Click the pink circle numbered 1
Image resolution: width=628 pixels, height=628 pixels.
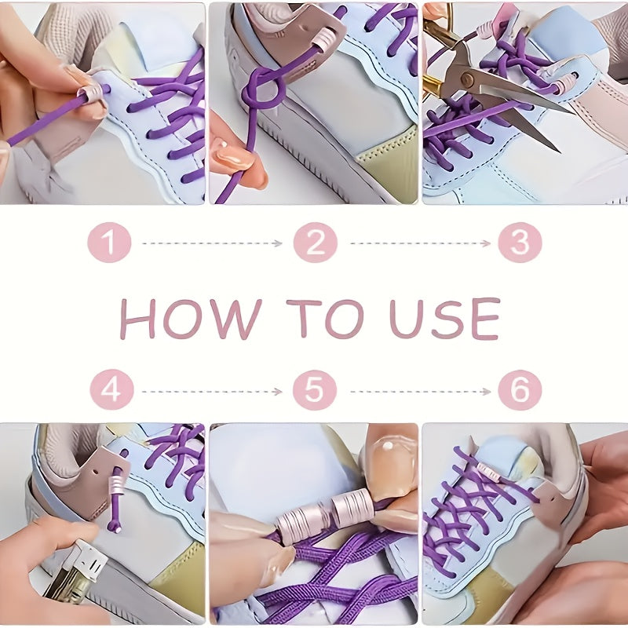[x=109, y=243]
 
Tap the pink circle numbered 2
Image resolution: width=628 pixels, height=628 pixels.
[x=315, y=243]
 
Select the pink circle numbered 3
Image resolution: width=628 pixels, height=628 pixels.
[x=520, y=243]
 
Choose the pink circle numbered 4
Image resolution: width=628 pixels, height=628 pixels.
[x=111, y=389]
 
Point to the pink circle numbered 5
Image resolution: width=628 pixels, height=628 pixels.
[x=315, y=389]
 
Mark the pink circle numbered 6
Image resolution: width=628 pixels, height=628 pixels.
[x=520, y=389]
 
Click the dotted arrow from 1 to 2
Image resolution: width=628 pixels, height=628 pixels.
[x=212, y=243]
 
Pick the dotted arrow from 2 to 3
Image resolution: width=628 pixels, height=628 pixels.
[x=420, y=243]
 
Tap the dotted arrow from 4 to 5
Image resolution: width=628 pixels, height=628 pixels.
[x=212, y=390]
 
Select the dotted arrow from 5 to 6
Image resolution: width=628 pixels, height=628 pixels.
[x=420, y=390]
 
